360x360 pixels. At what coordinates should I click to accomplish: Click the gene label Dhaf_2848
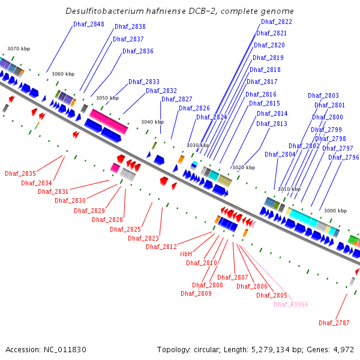[89, 24]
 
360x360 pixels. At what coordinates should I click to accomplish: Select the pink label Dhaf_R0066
[291, 304]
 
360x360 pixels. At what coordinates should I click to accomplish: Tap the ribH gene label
[186, 254]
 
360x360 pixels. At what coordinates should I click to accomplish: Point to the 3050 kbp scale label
[107, 98]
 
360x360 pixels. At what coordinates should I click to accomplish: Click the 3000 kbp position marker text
[335, 211]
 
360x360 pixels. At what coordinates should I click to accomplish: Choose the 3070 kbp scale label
[19, 49]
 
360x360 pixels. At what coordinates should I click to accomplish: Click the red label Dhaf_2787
[334, 323]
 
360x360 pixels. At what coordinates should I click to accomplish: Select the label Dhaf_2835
[20, 173]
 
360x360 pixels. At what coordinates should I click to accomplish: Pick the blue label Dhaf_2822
[277, 22]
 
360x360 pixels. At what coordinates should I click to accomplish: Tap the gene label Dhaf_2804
[280, 154]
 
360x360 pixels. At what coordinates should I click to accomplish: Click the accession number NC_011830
[65, 350]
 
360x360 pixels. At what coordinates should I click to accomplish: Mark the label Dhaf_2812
[161, 247]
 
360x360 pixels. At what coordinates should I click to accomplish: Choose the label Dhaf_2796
[344, 157]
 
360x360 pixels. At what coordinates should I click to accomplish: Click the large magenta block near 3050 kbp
[109, 122]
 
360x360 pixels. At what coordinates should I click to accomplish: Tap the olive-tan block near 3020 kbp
[224, 181]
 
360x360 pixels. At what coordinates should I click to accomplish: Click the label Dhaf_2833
[144, 82]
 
